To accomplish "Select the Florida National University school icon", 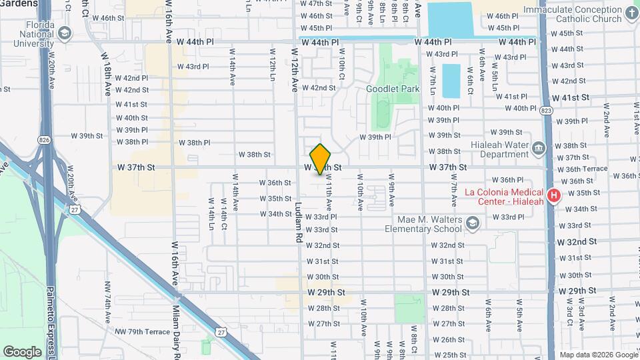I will click(65, 33).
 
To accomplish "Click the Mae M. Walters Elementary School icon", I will click(473, 223).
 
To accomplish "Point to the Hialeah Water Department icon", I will click(539, 147).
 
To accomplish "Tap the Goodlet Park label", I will click(393, 89).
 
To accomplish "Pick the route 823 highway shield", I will click(547, 111).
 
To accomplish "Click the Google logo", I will click(22, 352).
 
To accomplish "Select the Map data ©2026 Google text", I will click(598, 355).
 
